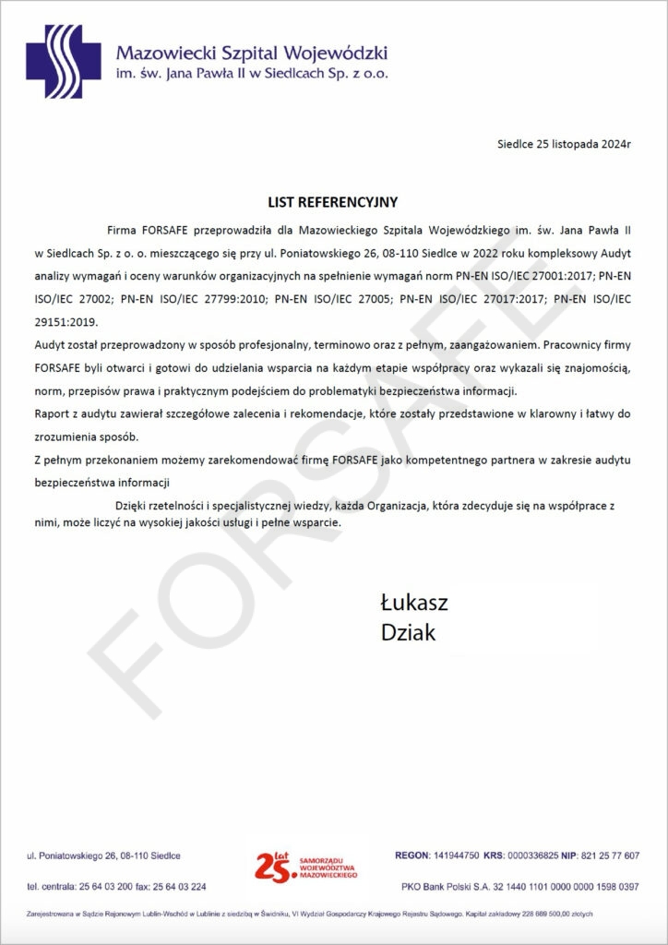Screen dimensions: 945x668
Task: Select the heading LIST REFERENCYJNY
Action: pyautogui.click(x=333, y=201)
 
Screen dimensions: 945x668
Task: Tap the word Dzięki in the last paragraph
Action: pyautogui.click(x=133, y=505)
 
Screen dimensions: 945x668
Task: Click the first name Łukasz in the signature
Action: pyautogui.click(x=414, y=604)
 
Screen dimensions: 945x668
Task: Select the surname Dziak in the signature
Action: pyautogui.click(x=409, y=633)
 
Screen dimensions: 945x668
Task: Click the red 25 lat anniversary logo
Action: pyautogui.click(x=304, y=865)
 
